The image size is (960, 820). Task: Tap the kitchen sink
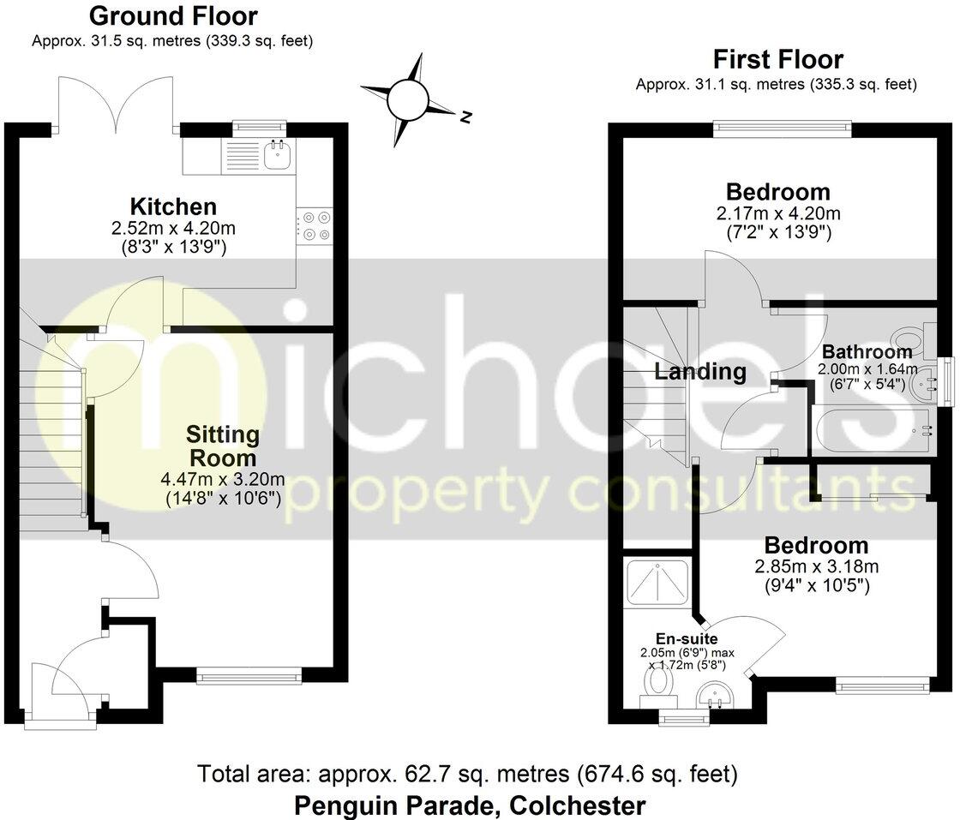278,155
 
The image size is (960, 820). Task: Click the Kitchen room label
173,206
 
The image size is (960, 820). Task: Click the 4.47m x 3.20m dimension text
223,479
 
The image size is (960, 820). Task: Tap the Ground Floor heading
173,15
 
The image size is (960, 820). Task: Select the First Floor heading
778,59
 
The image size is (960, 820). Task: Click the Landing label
701,372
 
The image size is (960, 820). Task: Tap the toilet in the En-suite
659,682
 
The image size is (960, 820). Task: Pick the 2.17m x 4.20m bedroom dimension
778,212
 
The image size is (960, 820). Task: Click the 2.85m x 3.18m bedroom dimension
816,567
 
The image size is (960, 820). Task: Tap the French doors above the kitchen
117,104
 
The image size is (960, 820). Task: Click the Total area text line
467,775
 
